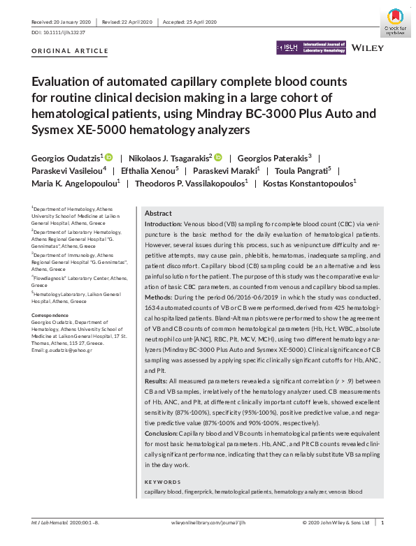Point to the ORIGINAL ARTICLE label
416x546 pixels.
[71, 51]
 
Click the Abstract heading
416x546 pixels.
[158, 213]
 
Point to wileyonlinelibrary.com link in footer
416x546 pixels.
[208, 522]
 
